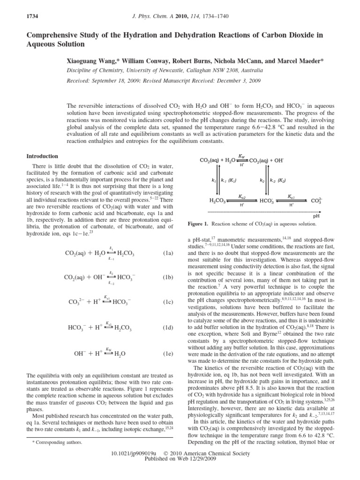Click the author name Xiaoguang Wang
point(94,62)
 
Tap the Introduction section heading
point(42,156)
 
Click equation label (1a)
point(168,253)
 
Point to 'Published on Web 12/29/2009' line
point(180,460)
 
